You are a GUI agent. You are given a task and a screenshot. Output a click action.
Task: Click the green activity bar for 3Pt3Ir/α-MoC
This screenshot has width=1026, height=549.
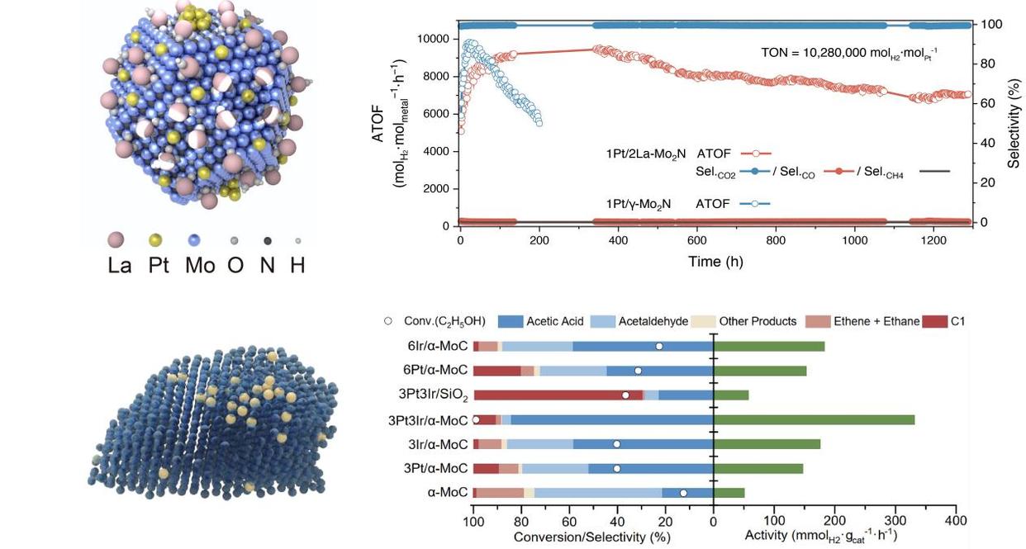tap(814, 419)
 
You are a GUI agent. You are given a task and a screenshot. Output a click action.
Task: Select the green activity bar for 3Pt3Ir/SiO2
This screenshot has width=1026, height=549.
tap(731, 395)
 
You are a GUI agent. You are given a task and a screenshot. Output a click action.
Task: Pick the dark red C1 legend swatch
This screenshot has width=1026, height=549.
tap(935, 321)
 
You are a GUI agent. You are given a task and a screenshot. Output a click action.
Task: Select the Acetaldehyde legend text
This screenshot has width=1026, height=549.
tap(653, 321)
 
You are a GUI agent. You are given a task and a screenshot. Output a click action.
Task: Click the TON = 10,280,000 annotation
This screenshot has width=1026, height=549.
tap(848, 53)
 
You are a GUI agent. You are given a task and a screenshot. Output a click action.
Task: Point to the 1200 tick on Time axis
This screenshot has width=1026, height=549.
tap(933, 241)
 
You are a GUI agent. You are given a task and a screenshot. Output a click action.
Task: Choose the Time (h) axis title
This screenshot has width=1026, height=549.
tap(715, 262)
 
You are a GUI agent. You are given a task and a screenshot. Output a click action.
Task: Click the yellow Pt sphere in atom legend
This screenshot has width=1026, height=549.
tap(155, 240)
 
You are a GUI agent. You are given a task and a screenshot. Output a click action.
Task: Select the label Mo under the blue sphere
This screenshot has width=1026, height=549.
tap(200, 266)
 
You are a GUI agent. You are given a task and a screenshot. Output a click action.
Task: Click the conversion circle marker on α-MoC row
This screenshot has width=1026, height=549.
tap(683, 493)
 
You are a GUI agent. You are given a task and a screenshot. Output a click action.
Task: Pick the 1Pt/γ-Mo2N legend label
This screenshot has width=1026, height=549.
tap(638, 203)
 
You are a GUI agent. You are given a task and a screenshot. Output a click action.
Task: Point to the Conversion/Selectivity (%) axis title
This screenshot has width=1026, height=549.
tap(591, 537)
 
